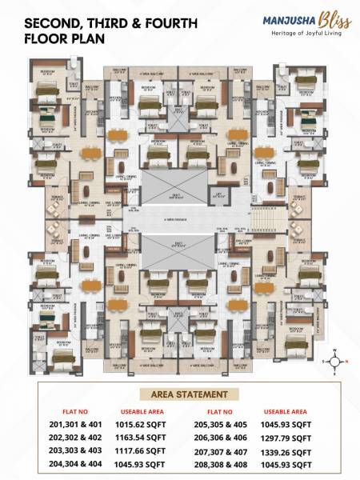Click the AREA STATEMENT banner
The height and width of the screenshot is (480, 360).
click(180, 394)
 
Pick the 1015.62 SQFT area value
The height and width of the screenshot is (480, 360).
click(139, 425)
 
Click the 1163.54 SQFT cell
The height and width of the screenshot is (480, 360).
click(139, 438)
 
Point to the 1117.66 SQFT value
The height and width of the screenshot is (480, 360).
click(139, 450)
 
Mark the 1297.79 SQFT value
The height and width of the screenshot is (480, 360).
click(286, 438)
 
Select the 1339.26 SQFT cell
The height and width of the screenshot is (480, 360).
click(286, 450)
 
